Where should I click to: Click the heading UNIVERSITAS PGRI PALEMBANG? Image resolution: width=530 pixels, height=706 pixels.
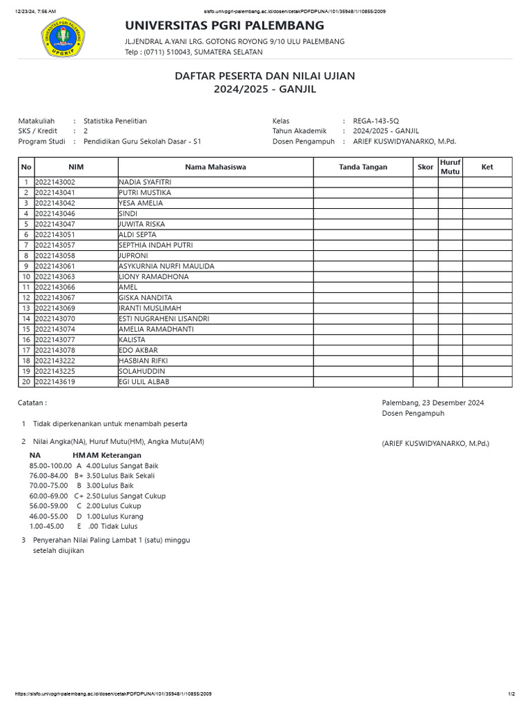point(224,26)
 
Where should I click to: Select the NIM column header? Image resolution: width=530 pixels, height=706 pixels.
point(76,167)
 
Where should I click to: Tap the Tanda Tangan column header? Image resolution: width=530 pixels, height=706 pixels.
point(363,167)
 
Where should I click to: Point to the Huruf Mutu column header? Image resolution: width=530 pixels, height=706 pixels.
point(450,167)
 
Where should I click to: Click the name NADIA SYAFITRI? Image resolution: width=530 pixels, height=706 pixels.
point(145,182)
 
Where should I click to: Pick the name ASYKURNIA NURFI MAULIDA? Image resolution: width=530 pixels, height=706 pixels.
point(166,266)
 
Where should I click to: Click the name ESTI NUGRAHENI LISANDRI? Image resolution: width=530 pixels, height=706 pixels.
point(164,319)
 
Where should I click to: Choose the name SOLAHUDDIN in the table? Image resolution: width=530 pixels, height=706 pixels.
point(141,371)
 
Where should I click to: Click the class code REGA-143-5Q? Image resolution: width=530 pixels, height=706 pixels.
point(375,121)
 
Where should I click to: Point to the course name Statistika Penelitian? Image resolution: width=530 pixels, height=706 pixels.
point(115,121)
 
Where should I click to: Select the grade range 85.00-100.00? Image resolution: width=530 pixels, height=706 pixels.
point(50,465)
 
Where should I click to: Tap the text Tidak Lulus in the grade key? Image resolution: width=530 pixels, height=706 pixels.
point(119,527)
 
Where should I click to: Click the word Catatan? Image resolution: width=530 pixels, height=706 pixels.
point(32,403)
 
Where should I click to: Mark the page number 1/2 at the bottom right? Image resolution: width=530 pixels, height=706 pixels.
point(511,694)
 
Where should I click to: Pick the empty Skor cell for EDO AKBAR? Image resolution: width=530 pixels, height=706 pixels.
point(425,350)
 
